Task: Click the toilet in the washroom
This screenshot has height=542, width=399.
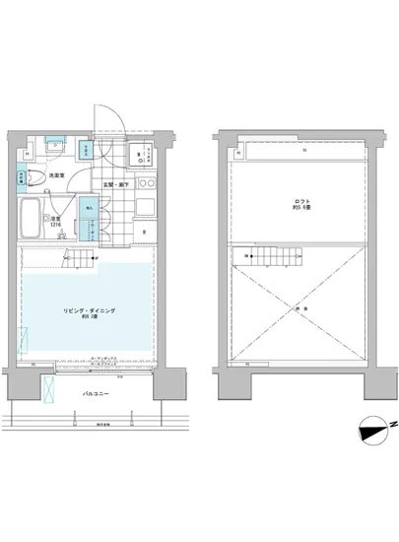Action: click(x=36, y=176)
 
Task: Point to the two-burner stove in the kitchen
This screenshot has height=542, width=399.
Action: click(x=146, y=184)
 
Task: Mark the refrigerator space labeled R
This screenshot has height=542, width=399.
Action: click(x=145, y=233)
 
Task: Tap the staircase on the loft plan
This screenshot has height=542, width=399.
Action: click(x=266, y=259)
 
